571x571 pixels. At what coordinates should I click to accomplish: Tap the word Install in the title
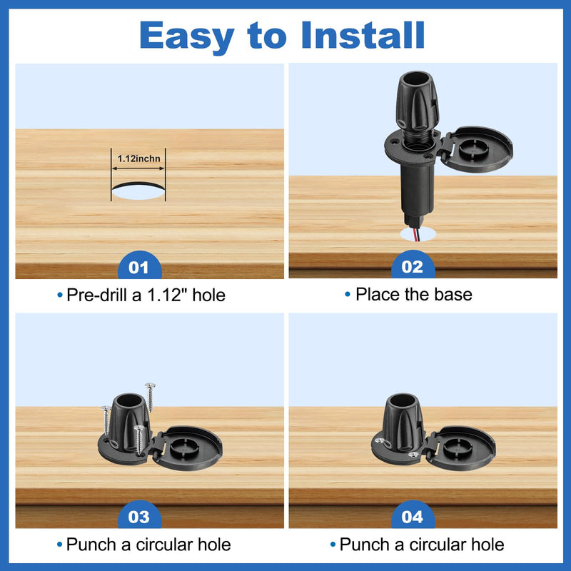tap(363, 35)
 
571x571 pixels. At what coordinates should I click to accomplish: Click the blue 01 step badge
tap(139, 265)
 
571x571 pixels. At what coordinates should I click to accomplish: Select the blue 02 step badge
tap(413, 264)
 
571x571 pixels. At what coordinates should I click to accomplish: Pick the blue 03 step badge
tap(139, 514)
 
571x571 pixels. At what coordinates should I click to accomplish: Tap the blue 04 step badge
tap(413, 514)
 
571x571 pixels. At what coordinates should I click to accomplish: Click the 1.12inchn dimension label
tap(138, 158)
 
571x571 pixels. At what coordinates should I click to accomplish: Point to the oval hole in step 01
tap(138, 191)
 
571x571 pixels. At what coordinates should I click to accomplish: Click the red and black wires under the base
tap(416, 234)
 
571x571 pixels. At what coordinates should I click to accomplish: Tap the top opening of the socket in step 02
tap(417, 78)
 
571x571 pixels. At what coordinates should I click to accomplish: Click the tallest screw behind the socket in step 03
tap(150, 397)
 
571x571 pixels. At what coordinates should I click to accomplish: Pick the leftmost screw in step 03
tap(106, 420)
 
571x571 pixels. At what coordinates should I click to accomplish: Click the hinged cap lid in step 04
tap(460, 448)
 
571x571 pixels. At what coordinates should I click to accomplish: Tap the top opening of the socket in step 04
tap(403, 400)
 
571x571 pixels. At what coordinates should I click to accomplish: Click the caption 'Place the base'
tap(414, 294)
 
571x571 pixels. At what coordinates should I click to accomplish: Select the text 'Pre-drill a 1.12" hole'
tap(146, 295)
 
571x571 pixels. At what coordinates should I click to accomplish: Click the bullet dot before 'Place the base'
tap(348, 294)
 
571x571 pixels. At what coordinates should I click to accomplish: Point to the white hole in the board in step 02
tap(418, 234)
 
